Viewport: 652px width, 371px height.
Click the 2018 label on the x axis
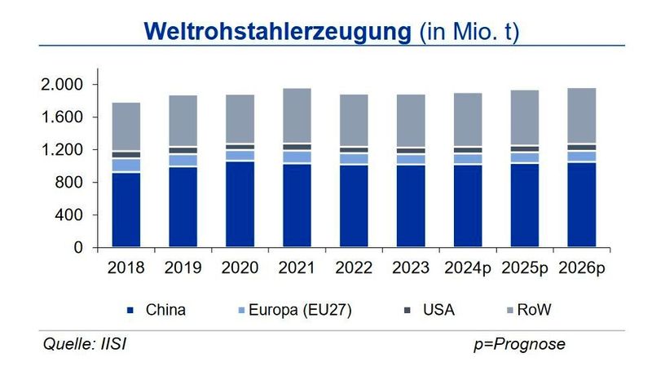(x=126, y=267)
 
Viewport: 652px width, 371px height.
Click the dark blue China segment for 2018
(x=126, y=210)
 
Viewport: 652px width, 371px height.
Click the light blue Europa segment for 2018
(x=126, y=165)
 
